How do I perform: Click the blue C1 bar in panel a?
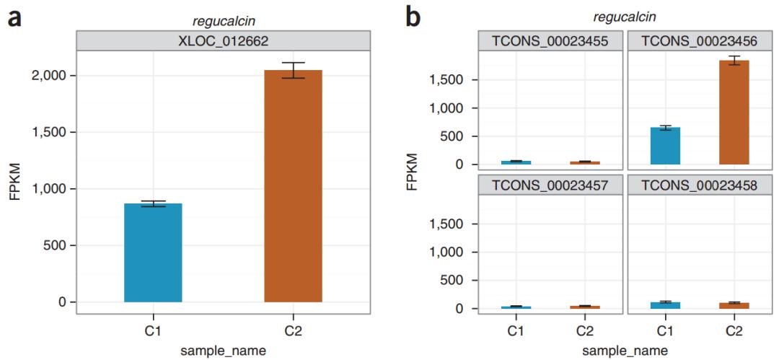click(153, 253)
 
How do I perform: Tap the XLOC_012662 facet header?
click(223, 42)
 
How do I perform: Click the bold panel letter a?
click(14, 17)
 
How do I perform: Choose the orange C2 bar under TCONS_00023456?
click(734, 113)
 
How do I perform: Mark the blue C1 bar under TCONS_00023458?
click(665, 305)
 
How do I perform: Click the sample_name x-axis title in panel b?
click(625, 351)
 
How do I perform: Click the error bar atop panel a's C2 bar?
click(293, 70)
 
